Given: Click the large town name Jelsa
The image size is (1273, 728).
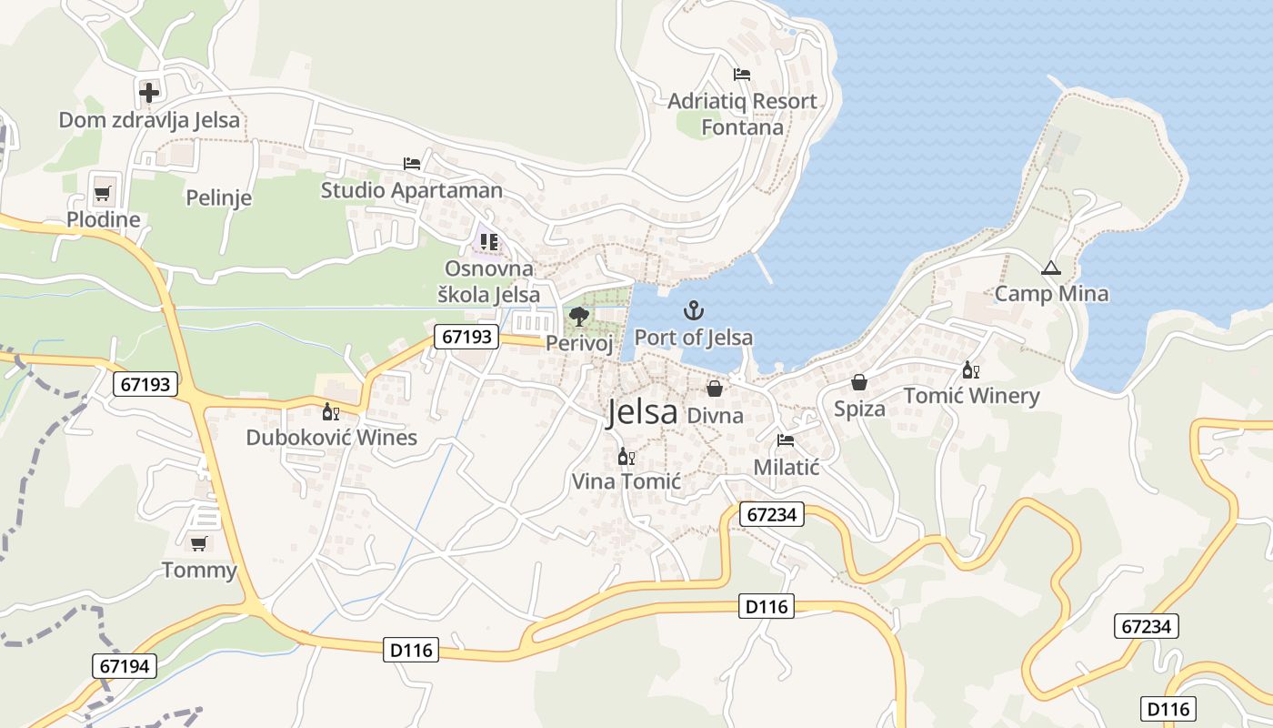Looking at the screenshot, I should click(642, 412).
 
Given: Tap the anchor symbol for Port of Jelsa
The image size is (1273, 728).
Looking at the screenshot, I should click(694, 310).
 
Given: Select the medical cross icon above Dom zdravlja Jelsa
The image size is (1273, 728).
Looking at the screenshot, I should click(148, 92).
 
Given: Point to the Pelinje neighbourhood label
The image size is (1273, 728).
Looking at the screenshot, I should click(218, 197).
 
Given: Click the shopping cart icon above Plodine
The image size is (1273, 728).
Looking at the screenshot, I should click(102, 193).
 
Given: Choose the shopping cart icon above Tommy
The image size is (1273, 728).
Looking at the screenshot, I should click(198, 543).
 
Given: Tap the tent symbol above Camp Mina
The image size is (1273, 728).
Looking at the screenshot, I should click(1051, 268).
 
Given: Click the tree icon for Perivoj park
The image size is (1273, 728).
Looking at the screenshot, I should click(578, 316).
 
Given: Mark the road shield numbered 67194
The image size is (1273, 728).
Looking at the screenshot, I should click(125, 666).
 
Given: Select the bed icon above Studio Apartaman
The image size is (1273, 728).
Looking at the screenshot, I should click(412, 164).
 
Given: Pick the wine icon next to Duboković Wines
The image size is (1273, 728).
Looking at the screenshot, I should click(331, 411).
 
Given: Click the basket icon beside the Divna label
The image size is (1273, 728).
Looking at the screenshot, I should click(716, 389).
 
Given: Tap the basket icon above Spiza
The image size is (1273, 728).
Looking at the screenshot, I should click(858, 382).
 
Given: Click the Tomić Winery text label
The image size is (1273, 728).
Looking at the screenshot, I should click(971, 396).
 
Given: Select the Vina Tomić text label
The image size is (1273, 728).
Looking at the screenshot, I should click(626, 481).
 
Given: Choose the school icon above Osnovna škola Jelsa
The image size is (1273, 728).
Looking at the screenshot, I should click(489, 242).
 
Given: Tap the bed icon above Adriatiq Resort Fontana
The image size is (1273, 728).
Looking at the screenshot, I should click(742, 75).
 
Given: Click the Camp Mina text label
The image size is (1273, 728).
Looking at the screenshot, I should click(1051, 294).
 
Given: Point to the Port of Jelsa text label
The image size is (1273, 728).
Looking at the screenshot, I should click(694, 338).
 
